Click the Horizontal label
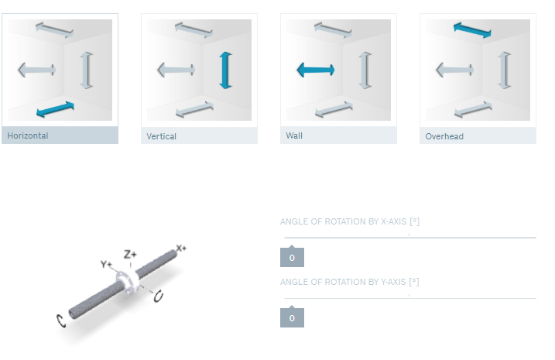point(28,135)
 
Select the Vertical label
point(162,136)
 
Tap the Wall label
point(294,135)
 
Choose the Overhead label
point(444,136)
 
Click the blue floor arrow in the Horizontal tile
point(55,109)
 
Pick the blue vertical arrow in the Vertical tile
point(225,70)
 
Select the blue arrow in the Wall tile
point(316,70)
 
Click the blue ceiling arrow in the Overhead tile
point(472,30)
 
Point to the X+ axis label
point(181,248)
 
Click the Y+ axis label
point(106,264)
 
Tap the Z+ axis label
point(130,254)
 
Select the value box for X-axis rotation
point(292,257)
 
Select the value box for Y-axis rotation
point(292,318)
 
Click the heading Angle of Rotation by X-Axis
point(350,221)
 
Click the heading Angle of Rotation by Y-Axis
point(350,282)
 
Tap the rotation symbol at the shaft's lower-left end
point(61,321)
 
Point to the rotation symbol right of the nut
point(158,296)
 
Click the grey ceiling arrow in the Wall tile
point(333,30)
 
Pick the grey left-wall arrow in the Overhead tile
point(455,70)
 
